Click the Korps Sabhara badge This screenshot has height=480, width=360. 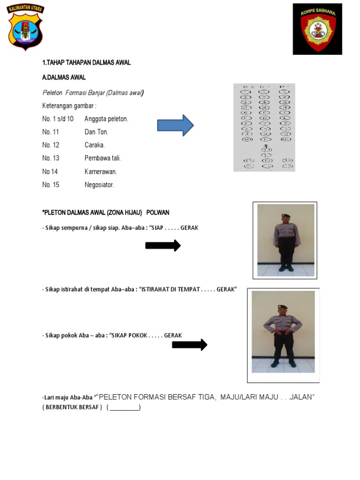coord(317,29)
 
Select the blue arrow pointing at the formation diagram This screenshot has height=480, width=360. coord(175,125)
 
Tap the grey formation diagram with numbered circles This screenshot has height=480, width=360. coord(264,127)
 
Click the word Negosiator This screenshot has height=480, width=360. coord(99,185)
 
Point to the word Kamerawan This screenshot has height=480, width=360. coord(100,172)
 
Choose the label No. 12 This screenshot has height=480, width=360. coord(51,145)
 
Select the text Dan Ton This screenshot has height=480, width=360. coord(96,132)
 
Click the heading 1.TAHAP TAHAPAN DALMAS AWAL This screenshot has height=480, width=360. coord(86,63)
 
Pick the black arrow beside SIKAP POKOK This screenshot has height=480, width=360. coord(189,345)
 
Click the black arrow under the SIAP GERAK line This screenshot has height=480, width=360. coord(163,246)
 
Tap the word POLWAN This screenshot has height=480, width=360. coord(157,212)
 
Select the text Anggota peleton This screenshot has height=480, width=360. coord(106,119)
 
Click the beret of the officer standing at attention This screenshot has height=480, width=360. coord(286,216)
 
